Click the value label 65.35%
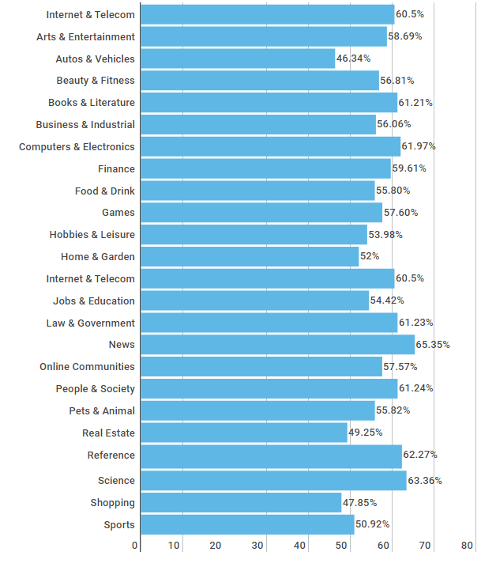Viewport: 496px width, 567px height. coord(433,345)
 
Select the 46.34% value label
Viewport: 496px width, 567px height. coord(353,59)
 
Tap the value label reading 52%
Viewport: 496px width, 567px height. coord(370,256)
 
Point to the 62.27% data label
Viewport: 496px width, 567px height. coord(420,455)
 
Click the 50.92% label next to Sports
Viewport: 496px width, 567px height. coord(373,524)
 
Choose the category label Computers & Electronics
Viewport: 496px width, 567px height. coord(77,147)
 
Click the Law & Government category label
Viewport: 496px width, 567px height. coord(90,323)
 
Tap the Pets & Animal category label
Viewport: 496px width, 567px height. coord(102,410)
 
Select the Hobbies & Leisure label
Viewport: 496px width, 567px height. coord(92,235)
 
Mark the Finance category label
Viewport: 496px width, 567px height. coord(116,169)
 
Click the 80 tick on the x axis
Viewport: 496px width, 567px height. coord(467,546)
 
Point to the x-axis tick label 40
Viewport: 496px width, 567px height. coord(301,546)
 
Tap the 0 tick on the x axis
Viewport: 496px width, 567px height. coord(135,546)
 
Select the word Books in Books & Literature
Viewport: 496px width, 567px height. coord(62,103)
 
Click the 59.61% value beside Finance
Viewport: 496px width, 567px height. coord(409,168)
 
